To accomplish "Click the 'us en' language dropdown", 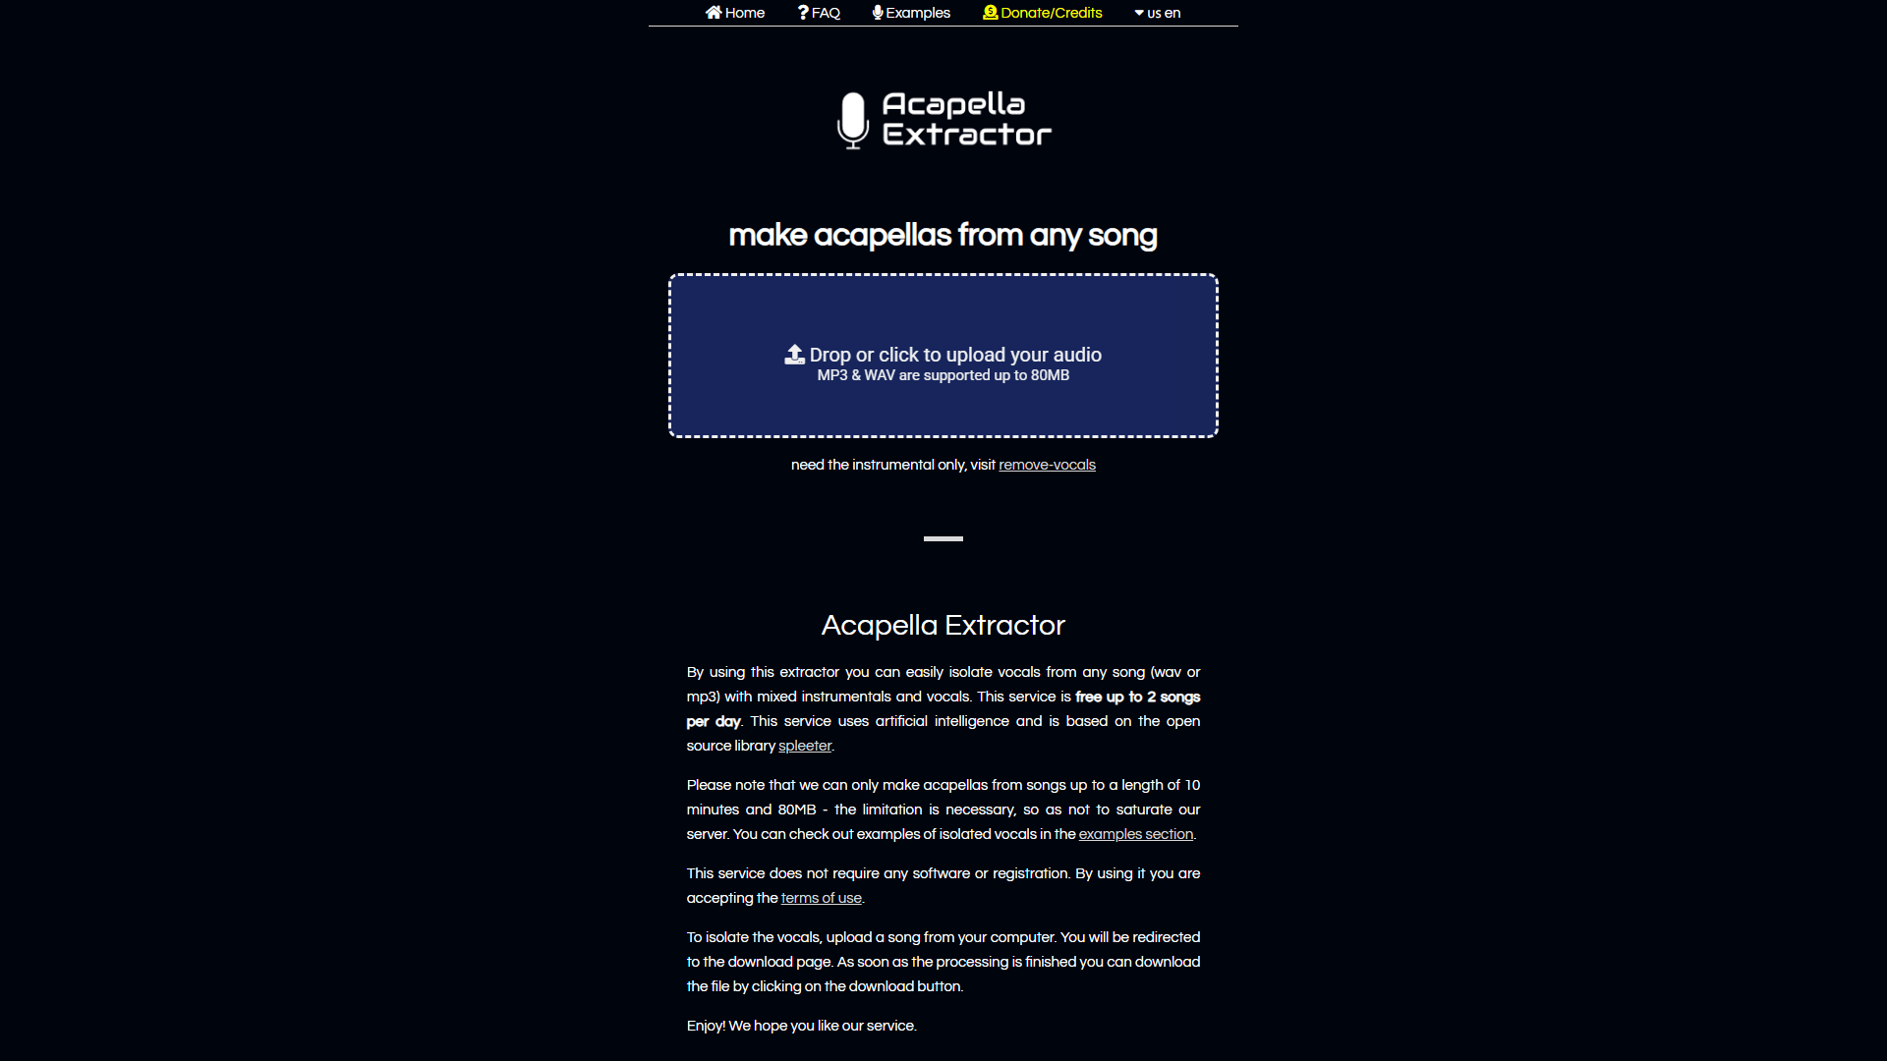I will click(1158, 13).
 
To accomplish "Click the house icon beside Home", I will click(714, 13).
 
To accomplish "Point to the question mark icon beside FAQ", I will click(803, 13).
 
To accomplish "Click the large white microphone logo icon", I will click(852, 120).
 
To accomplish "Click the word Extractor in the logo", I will click(966, 135).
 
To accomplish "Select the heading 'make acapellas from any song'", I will click(943, 236).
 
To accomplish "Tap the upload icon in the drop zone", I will click(794, 355).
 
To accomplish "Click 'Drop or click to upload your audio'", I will click(954, 355).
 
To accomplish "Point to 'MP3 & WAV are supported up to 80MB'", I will click(943, 375).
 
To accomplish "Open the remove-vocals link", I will click(1047, 465).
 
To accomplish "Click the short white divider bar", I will click(943, 538).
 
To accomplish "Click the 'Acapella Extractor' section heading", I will click(943, 626).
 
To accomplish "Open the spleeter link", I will click(804, 746).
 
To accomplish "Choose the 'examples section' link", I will click(1135, 834).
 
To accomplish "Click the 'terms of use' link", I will click(821, 898).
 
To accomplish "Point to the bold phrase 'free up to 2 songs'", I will click(1137, 697).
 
